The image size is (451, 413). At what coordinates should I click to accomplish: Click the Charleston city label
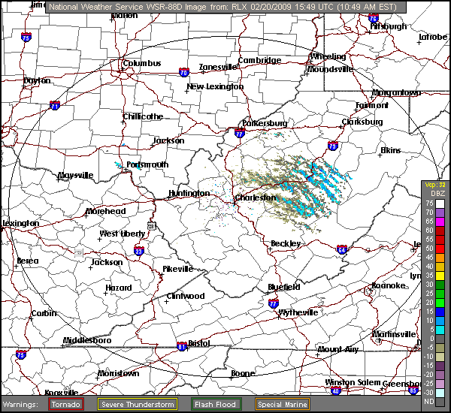(256, 197)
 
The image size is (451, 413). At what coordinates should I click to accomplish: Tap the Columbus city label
(142, 64)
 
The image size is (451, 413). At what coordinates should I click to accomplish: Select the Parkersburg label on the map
(265, 123)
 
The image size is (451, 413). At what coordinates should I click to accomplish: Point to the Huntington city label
(189, 193)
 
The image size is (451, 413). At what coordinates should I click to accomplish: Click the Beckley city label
(286, 243)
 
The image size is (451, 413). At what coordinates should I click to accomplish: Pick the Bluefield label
(284, 287)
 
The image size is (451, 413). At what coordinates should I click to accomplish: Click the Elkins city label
(391, 151)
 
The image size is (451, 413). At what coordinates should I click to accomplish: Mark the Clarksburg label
(362, 122)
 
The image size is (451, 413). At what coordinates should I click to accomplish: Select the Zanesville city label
(218, 67)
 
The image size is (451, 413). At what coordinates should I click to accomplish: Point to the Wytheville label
(300, 312)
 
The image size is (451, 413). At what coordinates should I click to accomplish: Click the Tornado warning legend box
(67, 404)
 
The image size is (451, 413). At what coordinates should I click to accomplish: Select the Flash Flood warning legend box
(216, 404)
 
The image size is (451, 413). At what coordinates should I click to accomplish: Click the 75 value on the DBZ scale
(428, 203)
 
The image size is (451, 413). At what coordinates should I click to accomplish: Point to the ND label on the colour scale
(428, 402)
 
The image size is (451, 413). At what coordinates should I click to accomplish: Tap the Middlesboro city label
(86, 340)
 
